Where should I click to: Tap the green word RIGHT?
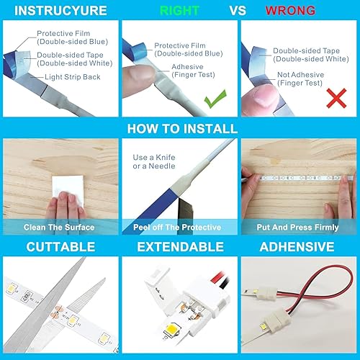tap(179, 11)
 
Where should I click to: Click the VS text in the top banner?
tap(238, 11)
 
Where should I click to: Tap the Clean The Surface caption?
tap(59, 228)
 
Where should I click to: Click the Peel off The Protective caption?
tap(179, 228)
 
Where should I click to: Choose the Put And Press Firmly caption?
tap(298, 228)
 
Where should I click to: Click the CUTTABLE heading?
tap(60, 247)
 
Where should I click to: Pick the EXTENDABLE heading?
tap(179, 247)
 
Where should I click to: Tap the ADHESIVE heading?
tap(298, 247)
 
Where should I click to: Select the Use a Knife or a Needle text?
tap(150, 162)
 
